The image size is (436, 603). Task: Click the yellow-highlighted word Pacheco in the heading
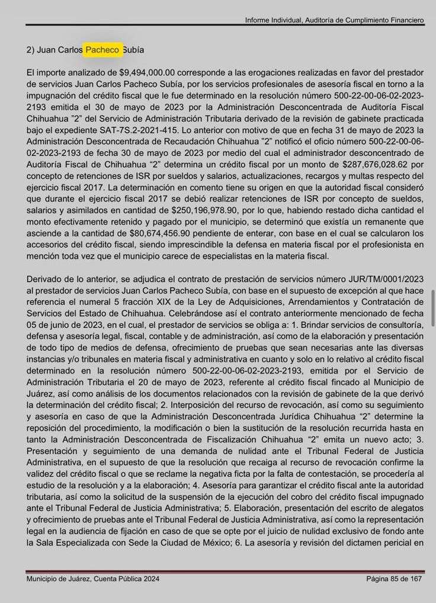(104, 50)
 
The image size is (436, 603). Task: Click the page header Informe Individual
(274, 20)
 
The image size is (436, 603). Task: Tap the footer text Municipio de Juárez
(62, 579)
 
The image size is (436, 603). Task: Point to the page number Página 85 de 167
(394, 579)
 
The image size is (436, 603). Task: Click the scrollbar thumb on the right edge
(434, 308)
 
